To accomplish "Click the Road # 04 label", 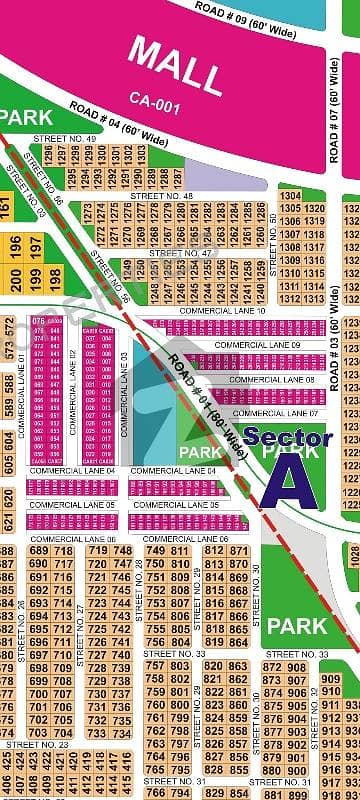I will click(x=117, y=120).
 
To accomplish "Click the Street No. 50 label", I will click(x=274, y=233).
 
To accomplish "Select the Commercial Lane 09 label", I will click(x=264, y=345).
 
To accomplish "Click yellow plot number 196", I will click(x=17, y=245).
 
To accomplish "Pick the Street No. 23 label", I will click(x=36, y=744).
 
